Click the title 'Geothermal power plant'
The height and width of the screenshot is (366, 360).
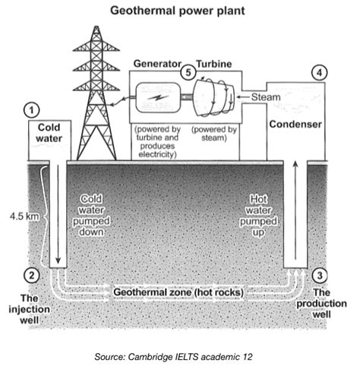tap(180, 11)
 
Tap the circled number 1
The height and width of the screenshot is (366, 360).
tap(31, 109)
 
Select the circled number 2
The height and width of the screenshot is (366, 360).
tap(31, 274)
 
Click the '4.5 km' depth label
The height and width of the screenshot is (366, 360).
tap(21, 217)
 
